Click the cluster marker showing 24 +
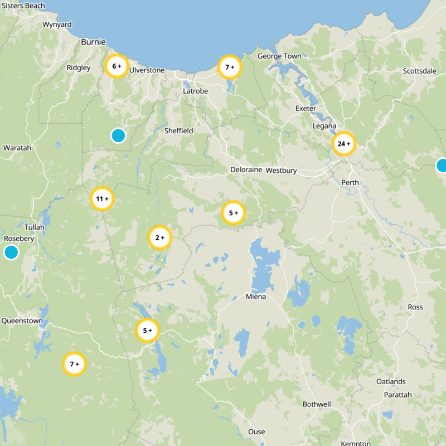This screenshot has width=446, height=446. (x=343, y=144)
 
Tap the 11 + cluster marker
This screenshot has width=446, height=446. (x=102, y=198)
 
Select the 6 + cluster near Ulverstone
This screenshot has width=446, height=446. (x=117, y=66)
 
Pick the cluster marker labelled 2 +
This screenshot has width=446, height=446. (x=159, y=238)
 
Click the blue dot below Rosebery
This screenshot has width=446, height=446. (x=11, y=253)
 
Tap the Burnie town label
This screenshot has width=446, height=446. (x=93, y=42)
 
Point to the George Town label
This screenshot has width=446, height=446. (x=279, y=56)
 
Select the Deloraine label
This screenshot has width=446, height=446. (x=246, y=169)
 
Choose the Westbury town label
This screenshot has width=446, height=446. (x=281, y=170)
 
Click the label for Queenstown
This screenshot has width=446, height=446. (x=22, y=321)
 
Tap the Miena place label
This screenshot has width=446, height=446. (x=256, y=297)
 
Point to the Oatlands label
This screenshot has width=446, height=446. (x=391, y=381)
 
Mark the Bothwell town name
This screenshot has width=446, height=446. (x=316, y=404)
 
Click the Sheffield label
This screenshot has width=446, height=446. (x=178, y=131)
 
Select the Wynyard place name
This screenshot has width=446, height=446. (x=57, y=25)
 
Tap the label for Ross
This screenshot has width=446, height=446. (x=415, y=307)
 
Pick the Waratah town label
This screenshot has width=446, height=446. (x=17, y=148)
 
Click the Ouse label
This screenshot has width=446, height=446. (x=256, y=432)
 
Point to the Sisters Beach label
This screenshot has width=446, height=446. (x=23, y=6)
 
